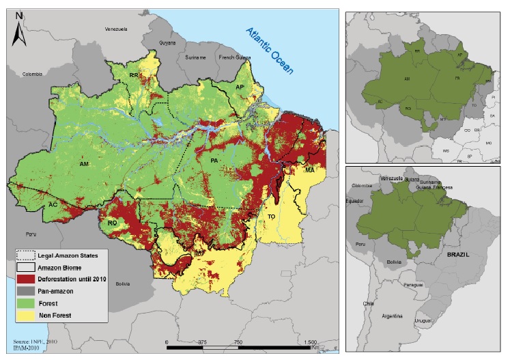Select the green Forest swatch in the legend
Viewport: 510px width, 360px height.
[25, 302]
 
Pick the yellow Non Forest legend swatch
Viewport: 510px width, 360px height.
[25, 315]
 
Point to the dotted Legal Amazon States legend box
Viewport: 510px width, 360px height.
[25, 255]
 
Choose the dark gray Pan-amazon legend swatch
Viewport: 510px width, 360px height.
[25, 290]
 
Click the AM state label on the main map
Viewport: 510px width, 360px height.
[85, 165]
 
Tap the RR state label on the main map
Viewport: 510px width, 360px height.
[134, 74]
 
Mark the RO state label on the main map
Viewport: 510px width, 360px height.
[113, 222]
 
